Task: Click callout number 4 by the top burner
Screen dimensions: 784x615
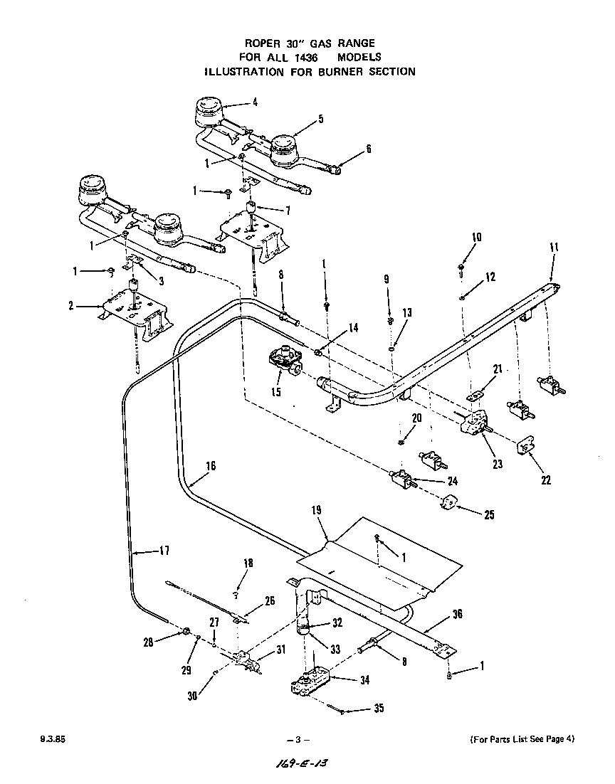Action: pos(254,102)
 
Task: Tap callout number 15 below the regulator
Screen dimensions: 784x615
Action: pos(275,392)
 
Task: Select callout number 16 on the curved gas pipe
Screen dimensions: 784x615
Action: pos(210,466)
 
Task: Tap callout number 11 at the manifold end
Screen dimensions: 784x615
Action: pos(554,247)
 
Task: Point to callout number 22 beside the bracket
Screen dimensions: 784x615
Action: pos(545,480)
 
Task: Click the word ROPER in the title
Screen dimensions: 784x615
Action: pos(263,43)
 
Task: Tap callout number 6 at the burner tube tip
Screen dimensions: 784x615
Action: pos(368,149)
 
